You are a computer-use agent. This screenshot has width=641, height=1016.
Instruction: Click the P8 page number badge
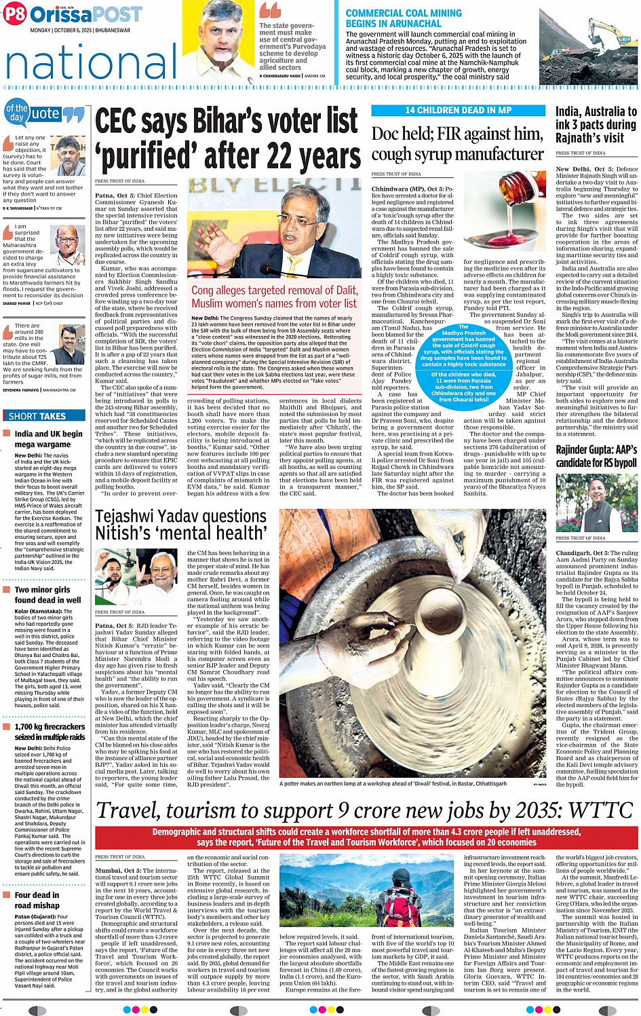(x=14, y=14)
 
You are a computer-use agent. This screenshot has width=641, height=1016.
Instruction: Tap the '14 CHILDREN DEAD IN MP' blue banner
(x=458, y=110)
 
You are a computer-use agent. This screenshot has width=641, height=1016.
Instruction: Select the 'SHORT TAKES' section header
(x=37, y=416)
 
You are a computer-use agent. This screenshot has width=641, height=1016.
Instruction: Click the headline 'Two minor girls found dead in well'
(x=47, y=595)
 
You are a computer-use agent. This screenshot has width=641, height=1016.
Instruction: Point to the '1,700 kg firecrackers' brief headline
(x=50, y=731)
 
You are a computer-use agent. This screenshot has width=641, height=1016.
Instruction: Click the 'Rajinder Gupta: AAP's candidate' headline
(x=596, y=456)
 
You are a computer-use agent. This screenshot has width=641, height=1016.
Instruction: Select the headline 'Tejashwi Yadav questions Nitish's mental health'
(x=181, y=525)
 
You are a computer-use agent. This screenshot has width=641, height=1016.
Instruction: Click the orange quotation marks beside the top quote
(x=270, y=11)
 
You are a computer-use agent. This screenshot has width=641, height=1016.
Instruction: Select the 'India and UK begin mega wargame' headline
(x=48, y=438)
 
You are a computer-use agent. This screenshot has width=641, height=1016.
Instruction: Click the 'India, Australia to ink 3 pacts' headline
(x=596, y=124)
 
